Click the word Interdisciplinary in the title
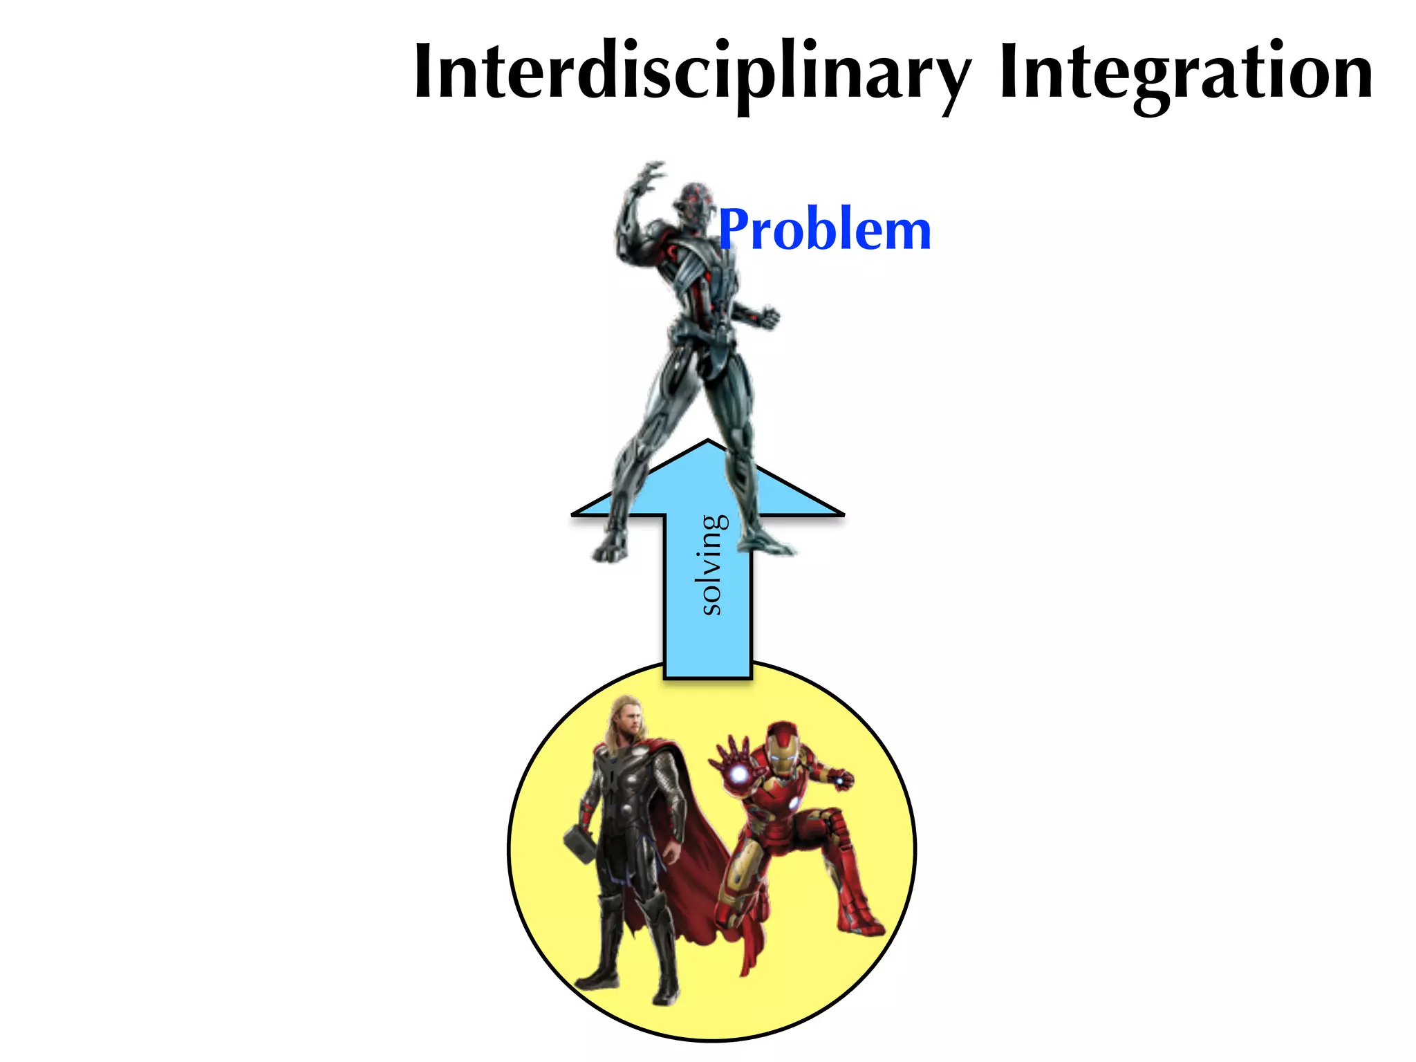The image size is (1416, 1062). tap(691, 73)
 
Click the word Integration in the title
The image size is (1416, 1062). tap(1186, 73)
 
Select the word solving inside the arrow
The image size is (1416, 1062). tap(711, 565)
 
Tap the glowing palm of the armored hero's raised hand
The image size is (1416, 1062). tap(738, 774)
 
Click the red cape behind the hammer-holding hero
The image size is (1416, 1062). tap(698, 864)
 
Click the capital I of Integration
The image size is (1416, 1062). tap(1009, 73)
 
